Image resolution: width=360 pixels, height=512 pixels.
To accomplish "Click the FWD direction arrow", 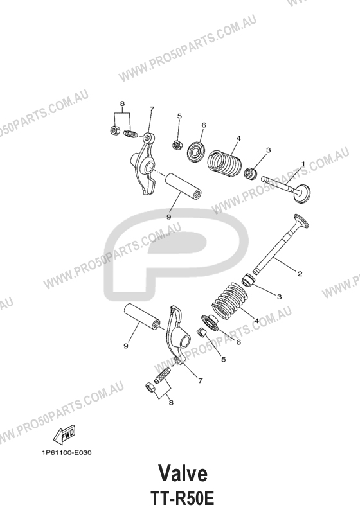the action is coord(65,434).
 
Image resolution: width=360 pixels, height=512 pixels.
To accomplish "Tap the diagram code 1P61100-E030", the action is coord(67,452).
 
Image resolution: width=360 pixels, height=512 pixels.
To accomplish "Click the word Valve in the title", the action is coord(183,473).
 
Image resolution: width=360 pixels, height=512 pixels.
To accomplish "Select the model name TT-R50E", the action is coord(183,499).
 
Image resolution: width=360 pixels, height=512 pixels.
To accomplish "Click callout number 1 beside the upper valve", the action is coord(303,163).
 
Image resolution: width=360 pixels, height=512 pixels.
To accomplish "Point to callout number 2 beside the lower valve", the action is coord(300,274).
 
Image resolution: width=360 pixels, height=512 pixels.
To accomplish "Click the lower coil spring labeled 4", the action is coord(230,301).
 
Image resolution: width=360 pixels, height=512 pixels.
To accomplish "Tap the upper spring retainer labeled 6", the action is coord(197,151).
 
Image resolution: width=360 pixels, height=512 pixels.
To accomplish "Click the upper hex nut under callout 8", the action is coord(114,130).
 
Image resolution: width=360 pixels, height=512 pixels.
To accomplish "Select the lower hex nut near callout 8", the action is coord(149,387).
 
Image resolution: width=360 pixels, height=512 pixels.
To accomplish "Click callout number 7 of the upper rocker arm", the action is coord(152,109).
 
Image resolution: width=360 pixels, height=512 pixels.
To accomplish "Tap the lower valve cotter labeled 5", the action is coord(202,333).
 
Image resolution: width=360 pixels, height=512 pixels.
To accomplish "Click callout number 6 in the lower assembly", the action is coord(239,342).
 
